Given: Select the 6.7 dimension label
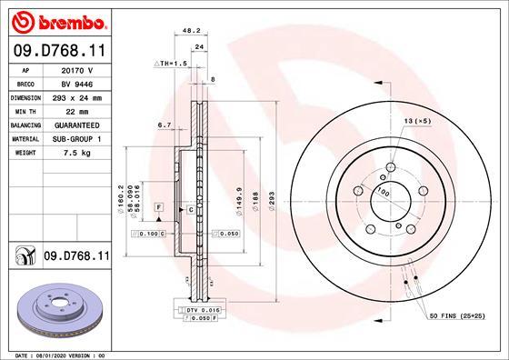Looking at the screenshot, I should pyautogui.click(x=165, y=125).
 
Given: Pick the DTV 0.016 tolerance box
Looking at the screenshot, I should pyautogui.click(x=204, y=310).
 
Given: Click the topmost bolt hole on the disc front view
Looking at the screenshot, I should pyautogui.click(x=389, y=167).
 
